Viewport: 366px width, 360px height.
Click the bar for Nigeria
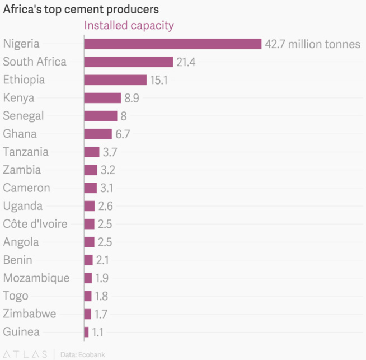tap(172, 44)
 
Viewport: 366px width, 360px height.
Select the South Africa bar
tap(128, 62)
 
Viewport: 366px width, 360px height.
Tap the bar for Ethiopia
tap(115, 80)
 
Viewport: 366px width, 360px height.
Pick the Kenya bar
tap(102, 98)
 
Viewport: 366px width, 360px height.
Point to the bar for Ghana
tap(98, 134)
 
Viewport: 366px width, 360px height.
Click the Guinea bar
tap(86, 332)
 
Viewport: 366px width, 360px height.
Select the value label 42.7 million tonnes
tap(312, 44)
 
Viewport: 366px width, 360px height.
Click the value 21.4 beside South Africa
tap(186, 62)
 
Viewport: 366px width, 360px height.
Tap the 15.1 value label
tap(159, 80)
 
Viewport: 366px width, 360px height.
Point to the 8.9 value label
tap(132, 98)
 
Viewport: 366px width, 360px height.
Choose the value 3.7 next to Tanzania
tap(109, 152)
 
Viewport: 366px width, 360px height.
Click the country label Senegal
tap(24, 116)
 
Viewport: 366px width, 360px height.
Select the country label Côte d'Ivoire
tap(35, 224)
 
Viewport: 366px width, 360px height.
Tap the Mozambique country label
tap(36, 278)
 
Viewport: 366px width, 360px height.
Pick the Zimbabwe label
tap(30, 314)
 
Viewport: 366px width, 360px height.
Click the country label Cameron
tap(26, 188)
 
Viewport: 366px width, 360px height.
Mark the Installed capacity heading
tap(129, 25)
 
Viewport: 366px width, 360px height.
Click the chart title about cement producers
tap(81, 10)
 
